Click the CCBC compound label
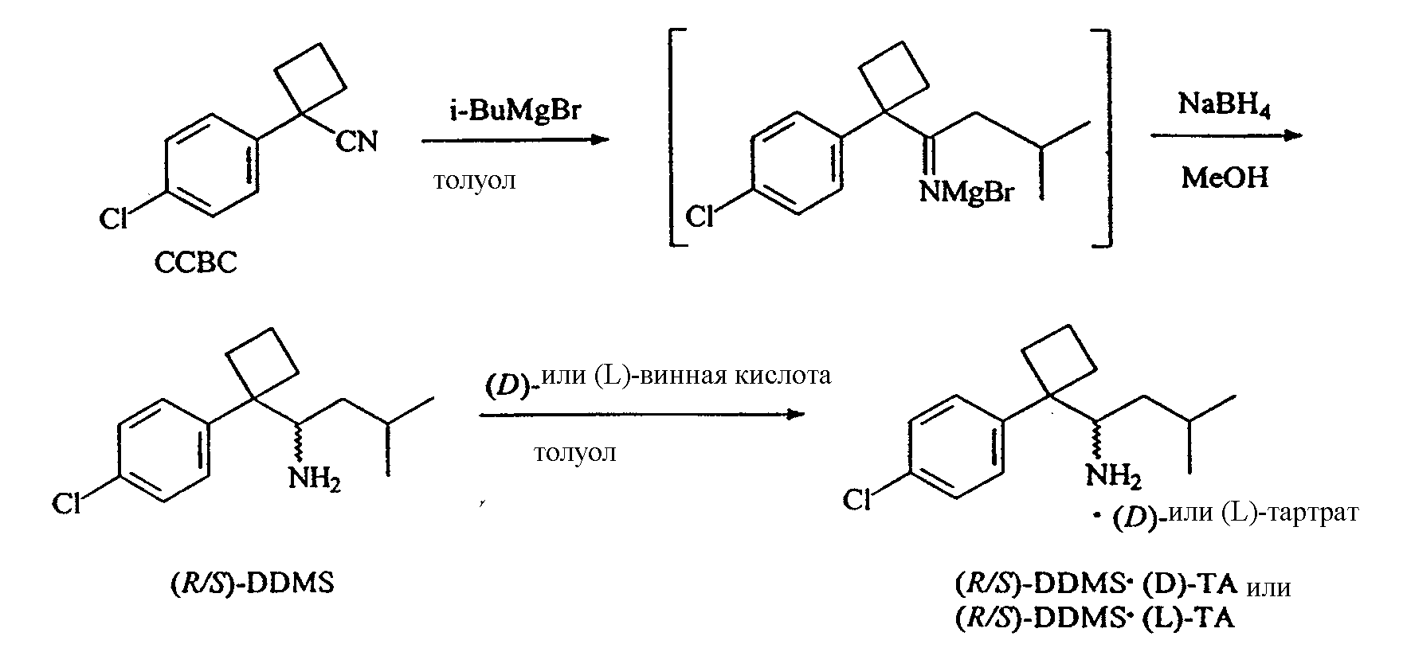[195, 263]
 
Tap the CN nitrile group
[356, 142]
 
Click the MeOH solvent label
[1225, 177]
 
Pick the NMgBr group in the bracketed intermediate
[966, 191]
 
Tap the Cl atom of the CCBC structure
[113, 218]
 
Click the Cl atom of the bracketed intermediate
[700, 216]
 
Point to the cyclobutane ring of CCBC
[310, 79]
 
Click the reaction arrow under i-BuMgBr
[515, 140]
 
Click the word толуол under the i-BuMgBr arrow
[475, 181]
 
